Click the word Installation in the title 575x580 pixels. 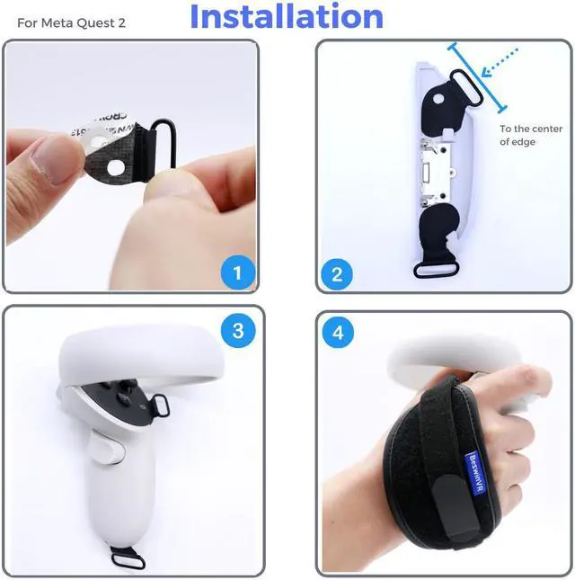(287, 17)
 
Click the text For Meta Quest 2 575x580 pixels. (72, 22)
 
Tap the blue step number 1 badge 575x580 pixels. (237, 272)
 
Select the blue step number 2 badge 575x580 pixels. (337, 274)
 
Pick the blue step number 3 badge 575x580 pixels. (237, 331)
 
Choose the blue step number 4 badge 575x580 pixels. (337, 333)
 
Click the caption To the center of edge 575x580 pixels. (530, 135)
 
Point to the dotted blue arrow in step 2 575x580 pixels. (500, 63)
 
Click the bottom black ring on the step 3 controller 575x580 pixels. (129, 535)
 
